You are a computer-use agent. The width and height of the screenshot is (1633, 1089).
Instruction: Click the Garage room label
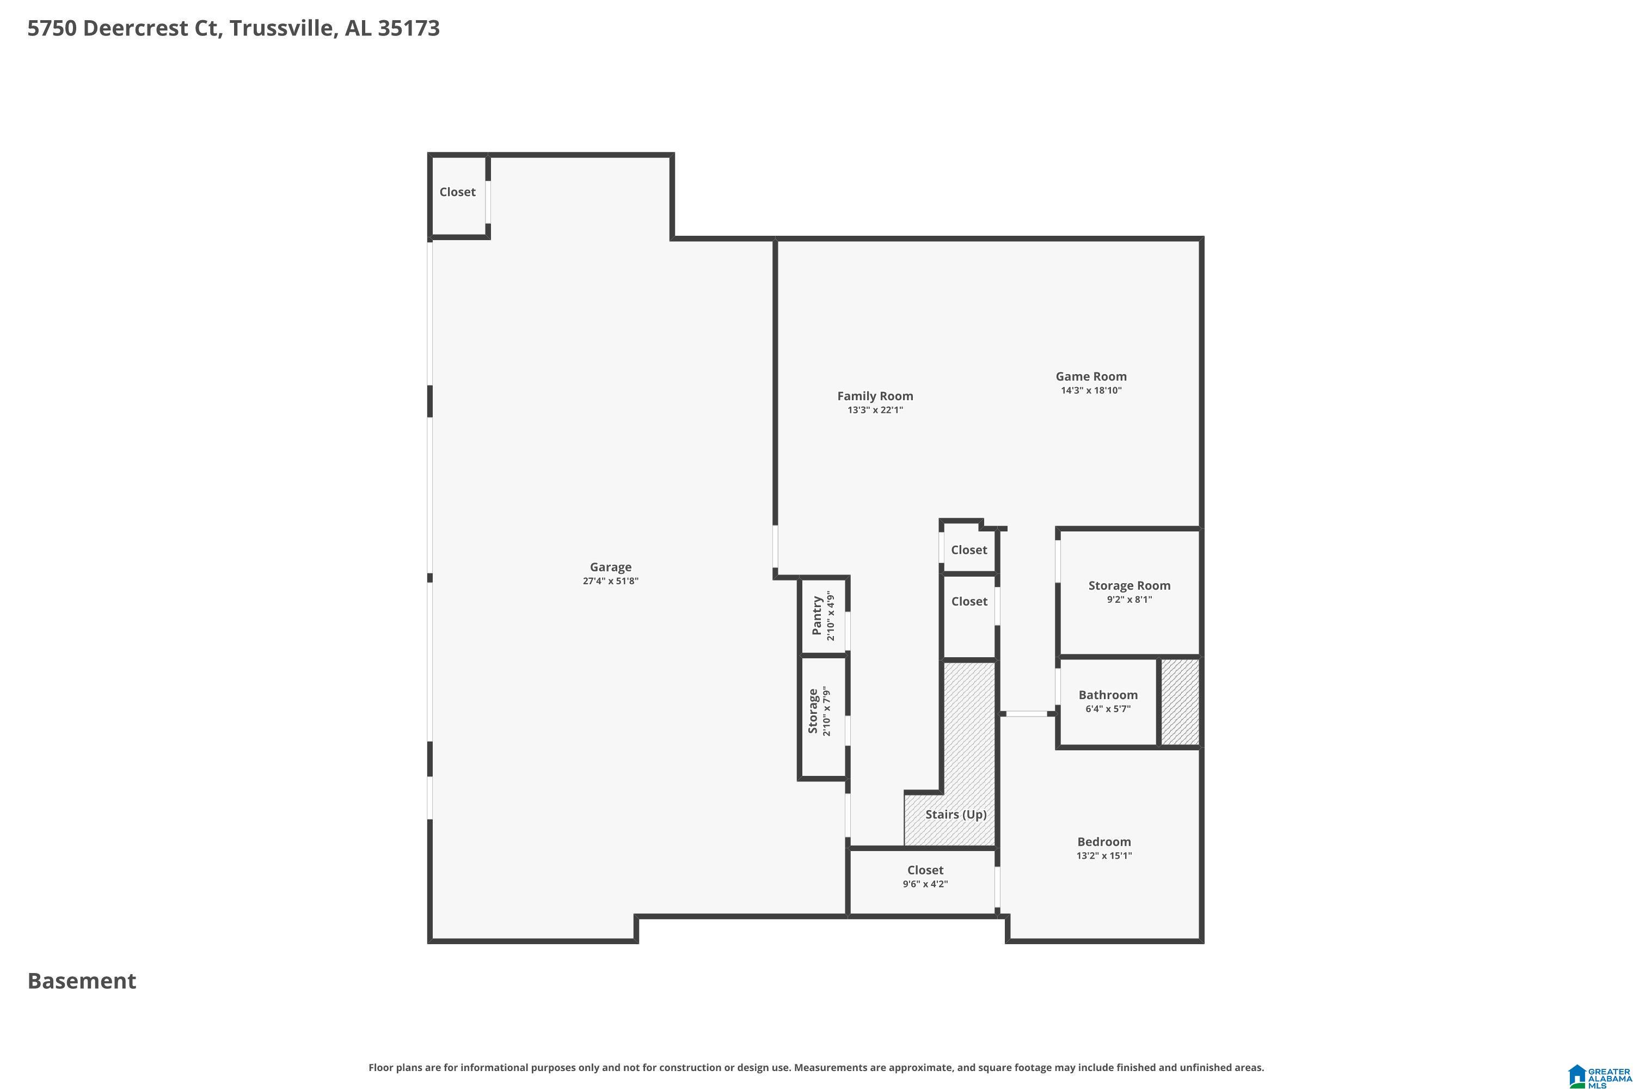610,567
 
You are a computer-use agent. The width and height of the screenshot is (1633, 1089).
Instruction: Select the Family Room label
875,396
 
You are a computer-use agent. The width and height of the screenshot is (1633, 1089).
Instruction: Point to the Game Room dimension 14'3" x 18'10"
1091,390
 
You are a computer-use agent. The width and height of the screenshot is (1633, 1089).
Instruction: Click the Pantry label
817,615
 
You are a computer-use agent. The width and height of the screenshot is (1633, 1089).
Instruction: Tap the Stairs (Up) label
955,814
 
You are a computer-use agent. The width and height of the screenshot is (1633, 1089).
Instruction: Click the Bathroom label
1107,695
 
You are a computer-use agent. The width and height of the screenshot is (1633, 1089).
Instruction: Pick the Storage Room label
1129,585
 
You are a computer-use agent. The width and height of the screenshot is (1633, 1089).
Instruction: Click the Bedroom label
1104,842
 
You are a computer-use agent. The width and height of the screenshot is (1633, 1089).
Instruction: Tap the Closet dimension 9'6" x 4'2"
925,884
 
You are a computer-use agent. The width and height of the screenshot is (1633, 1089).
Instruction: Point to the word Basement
82,981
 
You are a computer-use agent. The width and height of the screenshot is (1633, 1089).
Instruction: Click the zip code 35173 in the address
408,28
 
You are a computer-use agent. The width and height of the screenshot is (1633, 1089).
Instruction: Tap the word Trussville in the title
283,28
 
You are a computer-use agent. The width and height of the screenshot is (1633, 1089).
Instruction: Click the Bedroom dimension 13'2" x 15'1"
1104,855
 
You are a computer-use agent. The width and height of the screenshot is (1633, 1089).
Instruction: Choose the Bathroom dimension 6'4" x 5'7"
1107,709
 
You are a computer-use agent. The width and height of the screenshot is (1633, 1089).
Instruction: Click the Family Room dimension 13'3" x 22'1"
875,411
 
